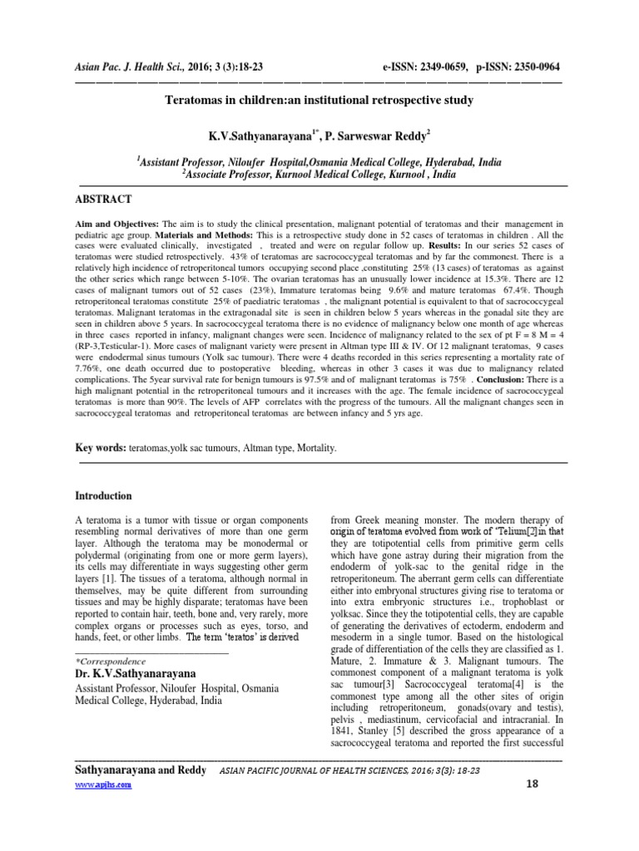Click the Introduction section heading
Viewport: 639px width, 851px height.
coord(104,496)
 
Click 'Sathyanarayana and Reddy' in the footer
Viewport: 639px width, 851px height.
coord(141,770)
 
